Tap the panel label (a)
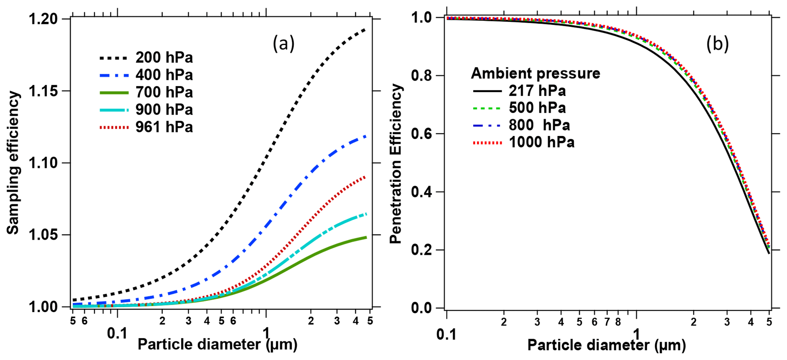click(x=284, y=44)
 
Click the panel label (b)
click(x=717, y=44)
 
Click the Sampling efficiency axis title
click(x=13, y=163)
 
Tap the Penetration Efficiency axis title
click(x=396, y=164)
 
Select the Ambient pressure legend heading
click(x=535, y=73)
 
